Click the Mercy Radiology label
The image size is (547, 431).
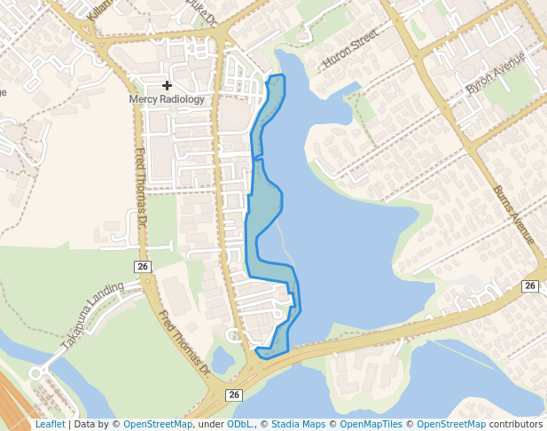pyautogui.click(x=167, y=99)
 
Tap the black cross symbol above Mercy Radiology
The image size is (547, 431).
pyautogui.click(x=167, y=85)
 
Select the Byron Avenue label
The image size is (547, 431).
pyautogui.click(x=496, y=74)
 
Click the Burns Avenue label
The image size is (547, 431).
pyautogui.click(x=514, y=215)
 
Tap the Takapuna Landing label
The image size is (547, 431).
pyautogui.click(x=92, y=316)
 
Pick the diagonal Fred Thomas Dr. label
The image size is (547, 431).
pyautogui.click(x=187, y=341)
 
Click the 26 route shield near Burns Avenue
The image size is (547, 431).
pyautogui.click(x=530, y=286)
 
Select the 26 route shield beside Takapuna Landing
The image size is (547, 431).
pyautogui.click(x=144, y=267)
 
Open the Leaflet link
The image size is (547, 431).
pyautogui.click(x=50, y=425)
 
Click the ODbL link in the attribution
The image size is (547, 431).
pyautogui.click(x=239, y=425)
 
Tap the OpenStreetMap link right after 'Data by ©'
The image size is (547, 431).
pyautogui.click(x=158, y=425)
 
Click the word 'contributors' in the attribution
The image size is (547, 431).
pyautogui.click(x=516, y=425)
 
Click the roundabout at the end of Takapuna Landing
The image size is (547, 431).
pyautogui.click(x=36, y=373)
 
